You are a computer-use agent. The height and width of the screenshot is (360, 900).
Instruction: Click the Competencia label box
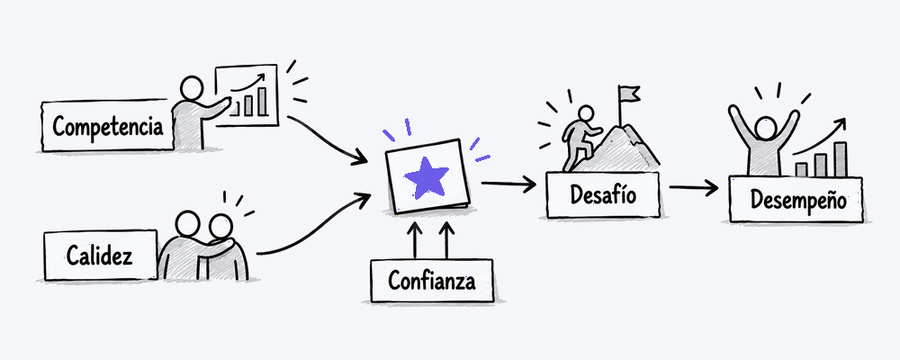coord(107,126)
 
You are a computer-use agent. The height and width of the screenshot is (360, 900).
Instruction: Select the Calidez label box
coord(101,256)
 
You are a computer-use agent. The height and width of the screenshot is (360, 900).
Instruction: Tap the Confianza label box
coord(432,281)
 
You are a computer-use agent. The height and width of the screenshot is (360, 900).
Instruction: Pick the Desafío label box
coord(603,195)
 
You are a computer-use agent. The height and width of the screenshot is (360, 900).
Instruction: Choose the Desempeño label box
coord(796,199)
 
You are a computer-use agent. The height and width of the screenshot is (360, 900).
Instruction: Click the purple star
coord(427,177)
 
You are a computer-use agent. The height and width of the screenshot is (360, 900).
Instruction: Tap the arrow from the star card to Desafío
coord(508,184)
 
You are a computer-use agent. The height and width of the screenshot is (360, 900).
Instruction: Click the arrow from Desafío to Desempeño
coord(694,187)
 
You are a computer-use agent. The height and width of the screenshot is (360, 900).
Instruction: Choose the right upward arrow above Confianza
coord(447,240)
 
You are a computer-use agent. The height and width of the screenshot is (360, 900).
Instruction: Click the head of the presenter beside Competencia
coord(191,89)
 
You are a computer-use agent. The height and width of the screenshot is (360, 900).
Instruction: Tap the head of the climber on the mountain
coord(584,113)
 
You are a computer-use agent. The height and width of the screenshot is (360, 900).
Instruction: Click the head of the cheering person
coord(766,128)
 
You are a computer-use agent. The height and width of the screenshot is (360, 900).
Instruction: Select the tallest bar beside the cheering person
coord(841,159)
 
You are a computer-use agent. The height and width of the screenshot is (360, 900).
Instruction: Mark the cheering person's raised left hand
coord(733,112)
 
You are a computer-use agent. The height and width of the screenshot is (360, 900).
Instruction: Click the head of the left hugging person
coord(187,224)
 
